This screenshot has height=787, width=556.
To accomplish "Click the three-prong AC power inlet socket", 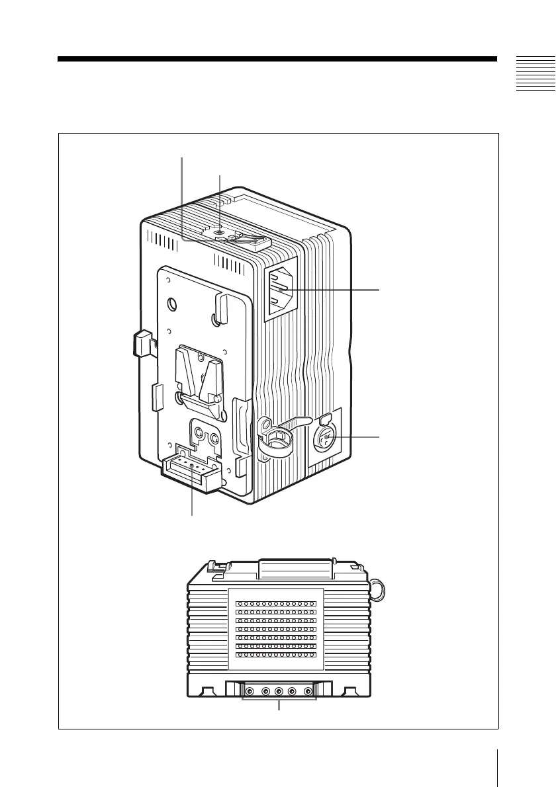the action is tap(281, 291).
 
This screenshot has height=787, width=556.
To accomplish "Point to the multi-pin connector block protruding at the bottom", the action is tap(191, 472).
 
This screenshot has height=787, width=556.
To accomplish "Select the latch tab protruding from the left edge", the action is tap(142, 343).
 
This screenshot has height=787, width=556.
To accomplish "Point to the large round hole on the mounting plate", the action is tap(172, 305).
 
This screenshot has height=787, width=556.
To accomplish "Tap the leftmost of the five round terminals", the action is tap(250, 692).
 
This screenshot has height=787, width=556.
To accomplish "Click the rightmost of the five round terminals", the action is tap(308, 692).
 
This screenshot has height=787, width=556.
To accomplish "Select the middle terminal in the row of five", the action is tap(279, 692).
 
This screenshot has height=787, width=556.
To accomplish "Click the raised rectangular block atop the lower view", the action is tap(295, 569).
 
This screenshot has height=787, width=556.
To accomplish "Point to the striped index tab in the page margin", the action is tap(535, 74).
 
